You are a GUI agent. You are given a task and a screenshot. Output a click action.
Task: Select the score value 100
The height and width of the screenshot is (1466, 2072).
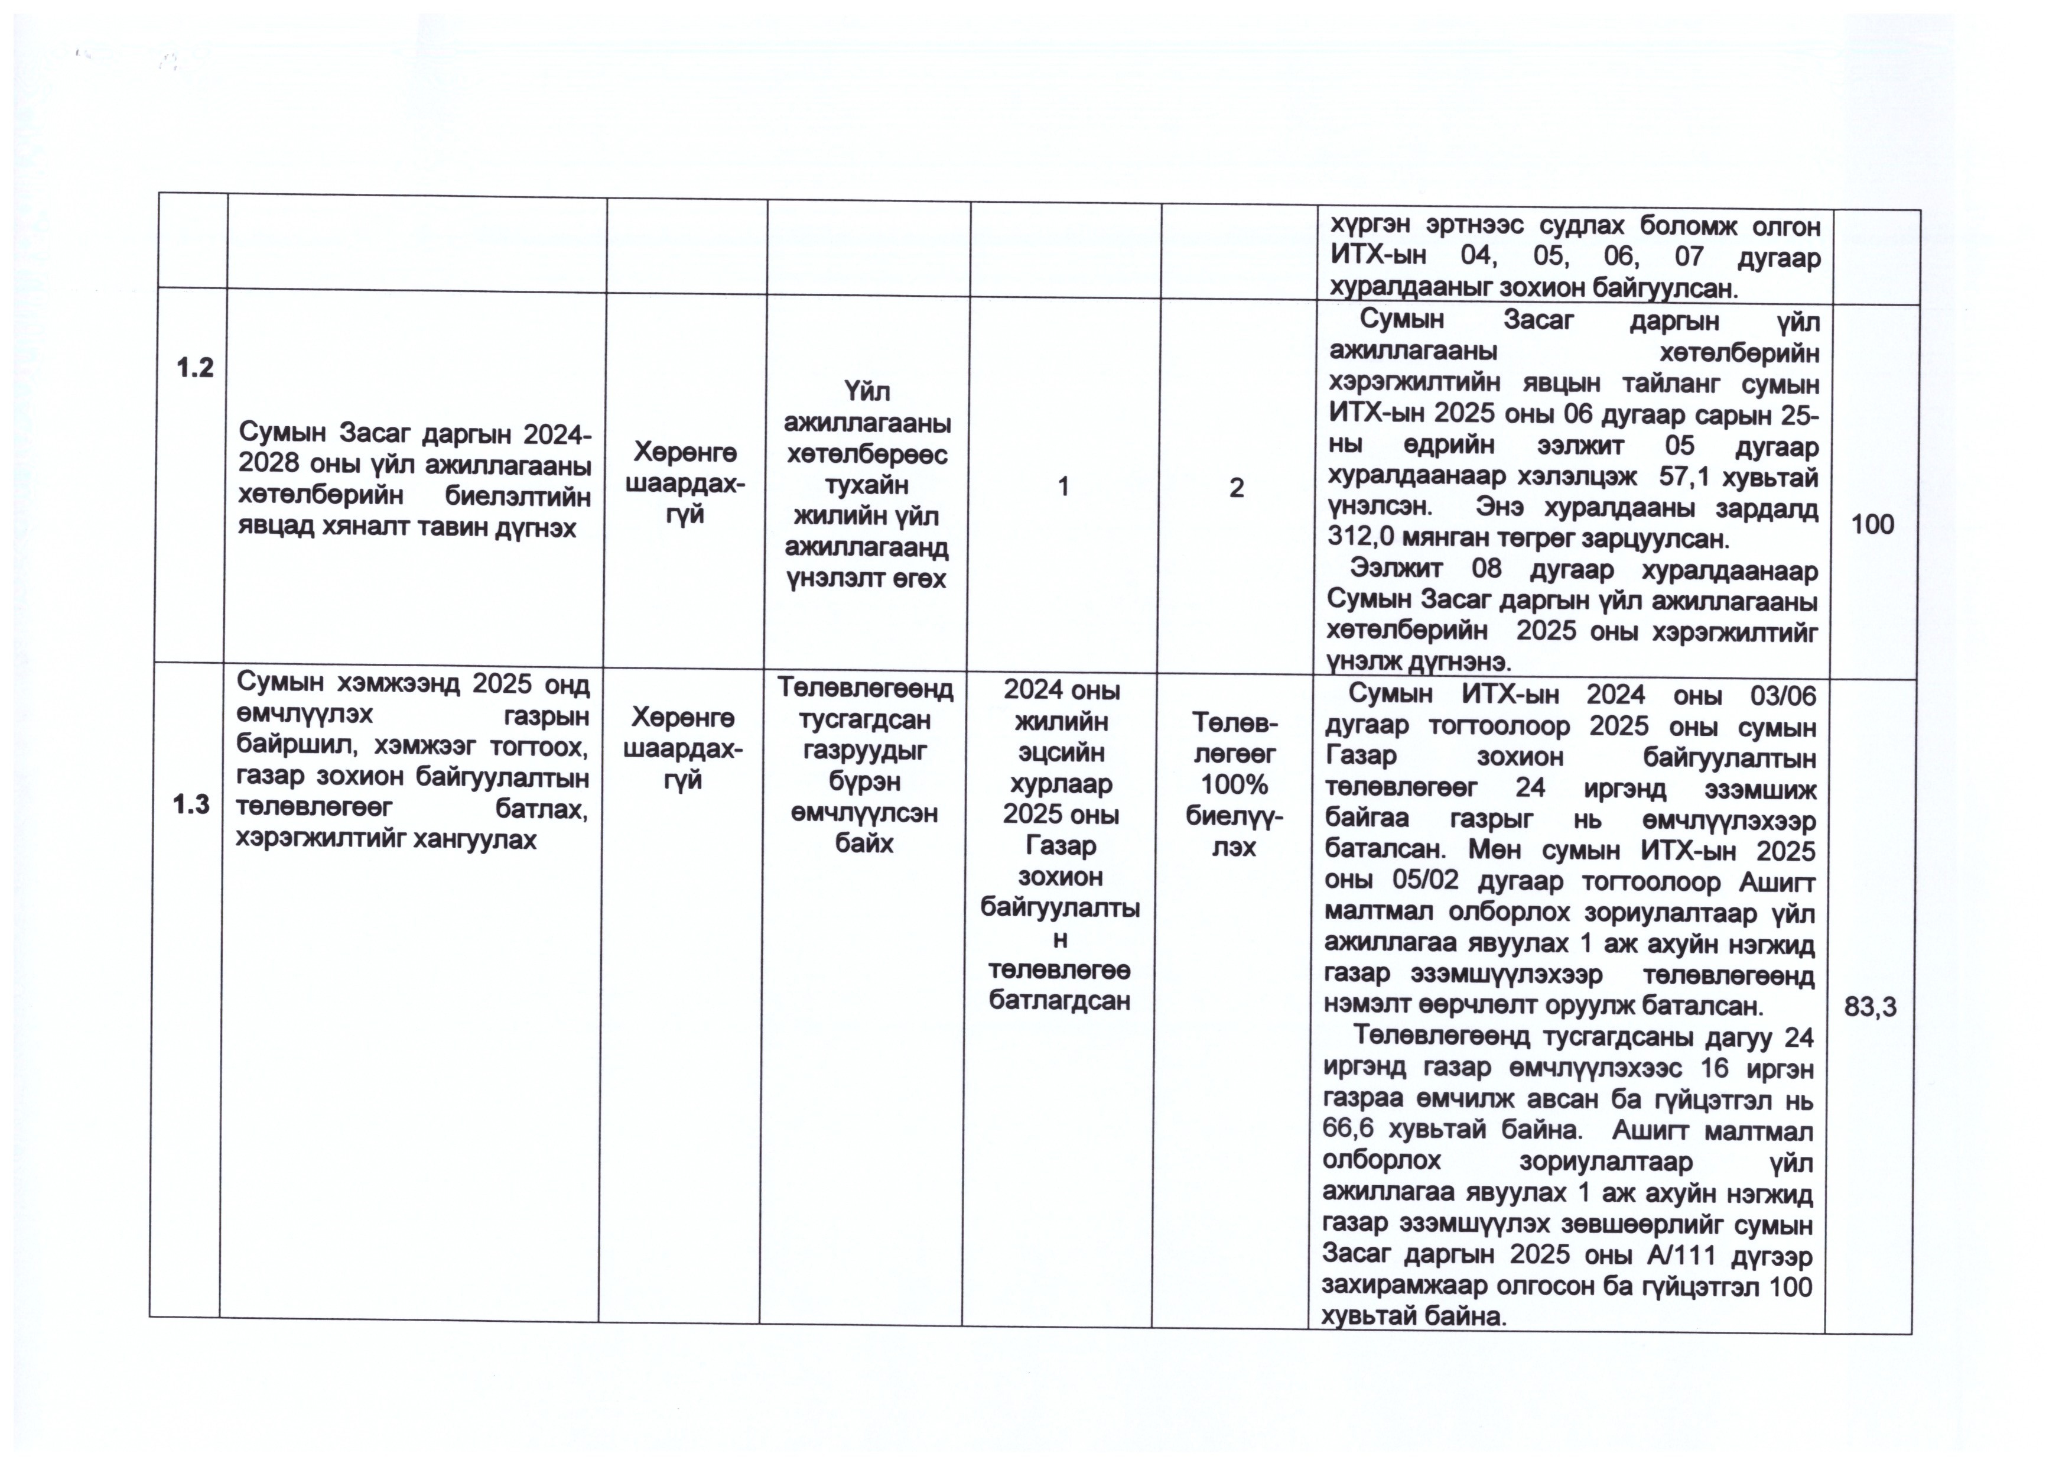coord(1872,524)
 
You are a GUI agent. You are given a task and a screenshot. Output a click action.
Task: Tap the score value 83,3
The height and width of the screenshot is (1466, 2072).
coord(1870,1007)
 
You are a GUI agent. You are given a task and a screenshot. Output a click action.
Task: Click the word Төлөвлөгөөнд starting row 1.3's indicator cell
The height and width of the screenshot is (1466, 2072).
coord(864,690)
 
